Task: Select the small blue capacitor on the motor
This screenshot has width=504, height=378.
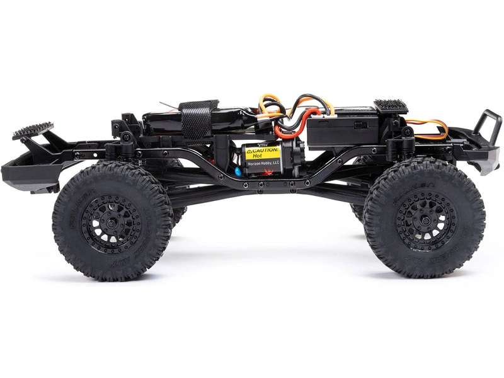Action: point(238,171)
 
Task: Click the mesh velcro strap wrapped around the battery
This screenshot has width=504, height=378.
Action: point(197,121)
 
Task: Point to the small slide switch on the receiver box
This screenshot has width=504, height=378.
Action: point(360,125)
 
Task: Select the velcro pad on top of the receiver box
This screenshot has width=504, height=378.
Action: point(391,105)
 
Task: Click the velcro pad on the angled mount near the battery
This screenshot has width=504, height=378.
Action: point(33,130)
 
